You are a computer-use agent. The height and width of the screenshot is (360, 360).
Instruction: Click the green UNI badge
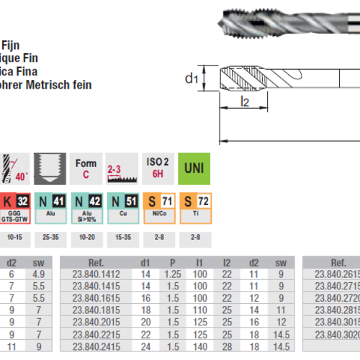[x=194, y=168]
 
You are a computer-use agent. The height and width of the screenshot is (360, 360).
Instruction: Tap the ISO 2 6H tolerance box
[x=156, y=168]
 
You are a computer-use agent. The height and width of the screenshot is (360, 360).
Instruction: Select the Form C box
[x=86, y=168]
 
